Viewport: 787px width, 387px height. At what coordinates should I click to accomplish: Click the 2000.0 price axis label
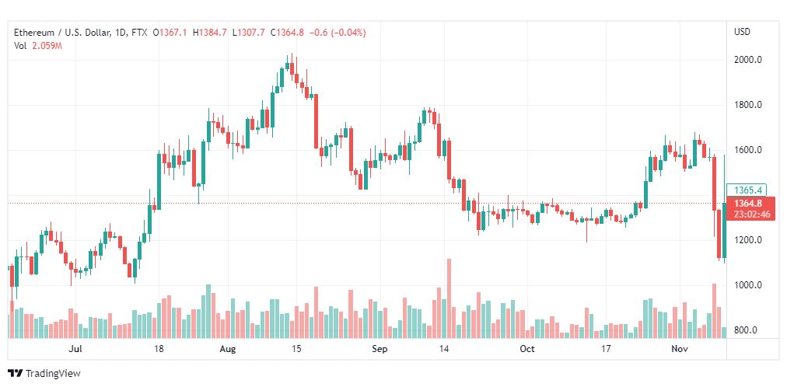[x=747, y=60]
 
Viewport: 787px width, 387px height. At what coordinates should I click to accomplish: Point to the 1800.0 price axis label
[x=747, y=105]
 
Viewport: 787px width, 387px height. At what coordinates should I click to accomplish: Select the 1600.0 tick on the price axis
[x=747, y=150]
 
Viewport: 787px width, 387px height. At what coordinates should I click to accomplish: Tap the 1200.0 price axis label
[x=747, y=240]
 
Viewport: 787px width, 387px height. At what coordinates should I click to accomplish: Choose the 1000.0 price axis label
[x=747, y=285]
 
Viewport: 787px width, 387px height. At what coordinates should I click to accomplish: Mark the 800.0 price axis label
[x=747, y=330]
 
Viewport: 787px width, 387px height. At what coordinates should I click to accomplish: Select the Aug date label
[x=228, y=350]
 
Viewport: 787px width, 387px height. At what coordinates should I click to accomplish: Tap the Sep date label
[x=379, y=350]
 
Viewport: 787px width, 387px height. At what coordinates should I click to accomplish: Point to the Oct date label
[x=528, y=350]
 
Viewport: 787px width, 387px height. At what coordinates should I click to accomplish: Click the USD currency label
[x=742, y=32]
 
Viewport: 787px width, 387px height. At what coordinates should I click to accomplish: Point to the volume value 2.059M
[x=47, y=46]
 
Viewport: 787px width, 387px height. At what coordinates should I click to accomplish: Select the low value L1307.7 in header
[x=249, y=33]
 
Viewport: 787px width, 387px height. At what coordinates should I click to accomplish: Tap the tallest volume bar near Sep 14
[x=449, y=298]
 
